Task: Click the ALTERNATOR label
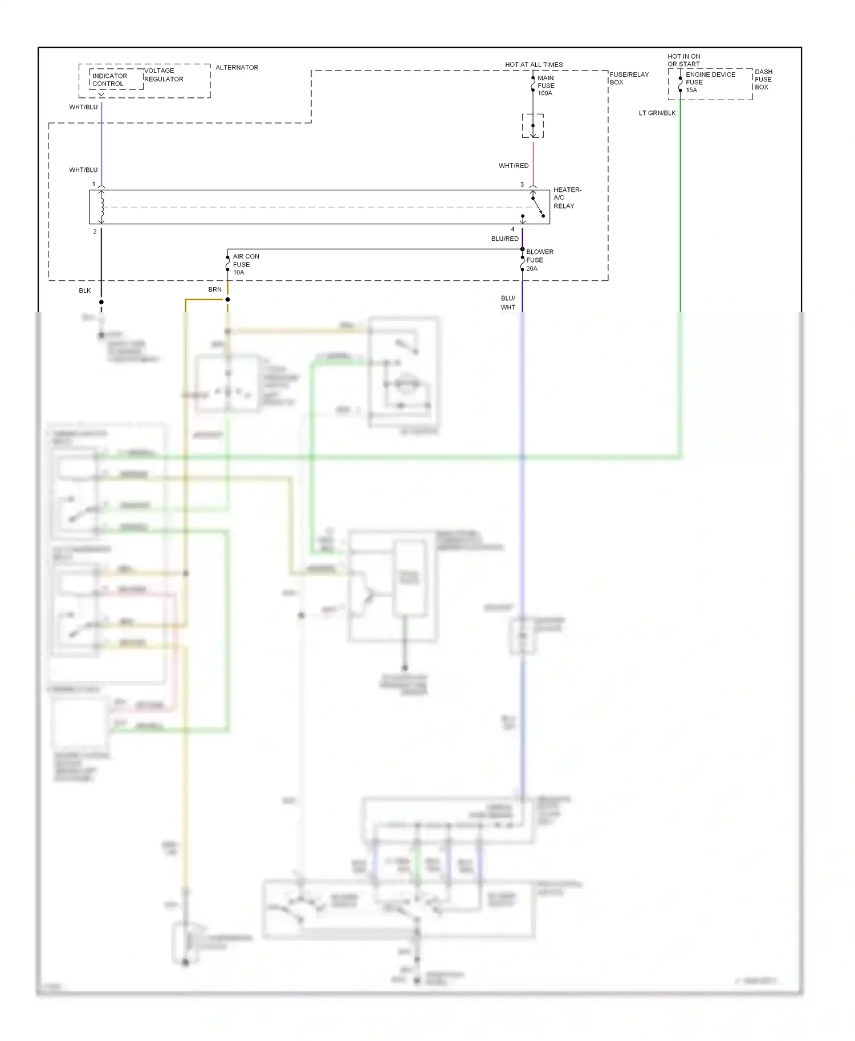[x=237, y=67]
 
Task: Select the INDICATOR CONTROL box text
[x=109, y=80]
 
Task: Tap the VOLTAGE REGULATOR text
[x=163, y=75]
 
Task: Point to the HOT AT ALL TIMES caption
[x=534, y=64]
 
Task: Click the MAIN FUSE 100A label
[x=545, y=85]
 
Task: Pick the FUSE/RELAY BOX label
[x=629, y=78]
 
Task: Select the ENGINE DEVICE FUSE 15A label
[x=710, y=82]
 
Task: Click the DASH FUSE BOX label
[x=763, y=79]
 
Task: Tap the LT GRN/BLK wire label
[x=657, y=113]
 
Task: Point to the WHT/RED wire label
[x=513, y=166]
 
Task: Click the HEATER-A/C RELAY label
[x=567, y=198]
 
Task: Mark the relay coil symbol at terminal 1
[x=101, y=207]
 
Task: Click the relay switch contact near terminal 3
[x=538, y=207]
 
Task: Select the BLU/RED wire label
[x=504, y=239]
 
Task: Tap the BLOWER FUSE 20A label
[x=539, y=260]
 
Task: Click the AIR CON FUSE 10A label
[x=245, y=264]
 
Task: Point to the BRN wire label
[x=215, y=289]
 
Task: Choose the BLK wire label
[x=85, y=290]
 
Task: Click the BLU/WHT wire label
[x=508, y=302]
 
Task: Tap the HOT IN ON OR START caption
[x=683, y=60]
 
